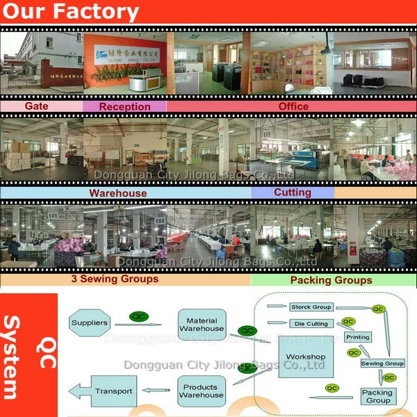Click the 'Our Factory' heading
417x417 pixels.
coord(69,12)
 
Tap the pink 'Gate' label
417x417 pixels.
coord(36,106)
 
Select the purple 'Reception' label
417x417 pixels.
coord(124,106)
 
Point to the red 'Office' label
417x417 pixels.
coord(293,106)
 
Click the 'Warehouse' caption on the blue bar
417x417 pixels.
coord(117,193)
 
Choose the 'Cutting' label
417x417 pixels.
coord(293,193)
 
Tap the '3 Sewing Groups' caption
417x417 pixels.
coord(115,279)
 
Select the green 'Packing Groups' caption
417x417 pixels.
coord(331,280)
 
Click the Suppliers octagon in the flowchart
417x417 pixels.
coord(90,322)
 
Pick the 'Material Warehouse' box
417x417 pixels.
coord(202,324)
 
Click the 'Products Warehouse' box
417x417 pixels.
coord(202,391)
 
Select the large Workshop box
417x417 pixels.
coord(305,357)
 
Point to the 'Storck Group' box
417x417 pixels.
coord(310,306)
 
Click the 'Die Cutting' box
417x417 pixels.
coord(310,323)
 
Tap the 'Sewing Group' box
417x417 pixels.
coord(382,363)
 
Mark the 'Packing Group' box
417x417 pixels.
coord(378,396)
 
